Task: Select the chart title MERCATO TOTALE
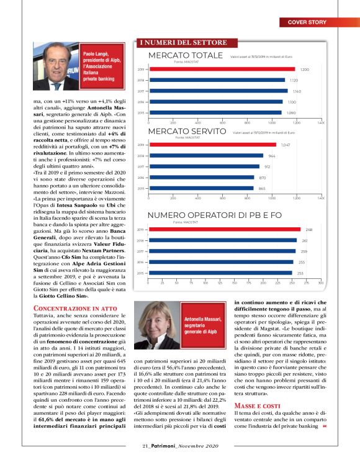click(x=186, y=57)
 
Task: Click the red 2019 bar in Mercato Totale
click(x=221, y=70)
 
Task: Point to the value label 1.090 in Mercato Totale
click(x=290, y=112)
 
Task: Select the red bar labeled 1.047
click(x=212, y=145)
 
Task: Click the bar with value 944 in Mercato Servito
click(x=205, y=156)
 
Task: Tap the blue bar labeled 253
click(x=220, y=273)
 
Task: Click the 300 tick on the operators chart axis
click(x=320, y=283)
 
